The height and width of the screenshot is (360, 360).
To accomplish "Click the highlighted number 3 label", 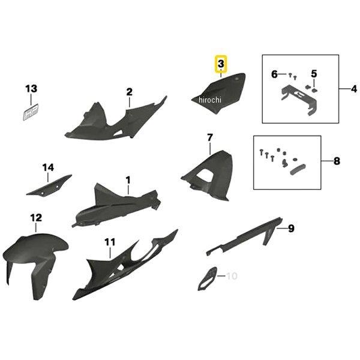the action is point(221,64).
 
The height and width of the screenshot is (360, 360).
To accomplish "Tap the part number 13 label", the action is point(31,89).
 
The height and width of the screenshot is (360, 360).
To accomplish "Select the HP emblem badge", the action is point(31,112).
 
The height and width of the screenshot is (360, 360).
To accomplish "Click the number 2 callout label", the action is point(130,92).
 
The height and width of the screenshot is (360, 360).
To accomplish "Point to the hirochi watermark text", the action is point(210,100).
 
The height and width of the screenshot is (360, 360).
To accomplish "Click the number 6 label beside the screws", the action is point(274,74).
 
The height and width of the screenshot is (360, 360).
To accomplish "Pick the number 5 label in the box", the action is point(314,74).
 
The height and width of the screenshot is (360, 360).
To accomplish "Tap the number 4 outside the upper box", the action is point(354,89).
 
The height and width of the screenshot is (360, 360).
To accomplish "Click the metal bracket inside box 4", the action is point(299,100).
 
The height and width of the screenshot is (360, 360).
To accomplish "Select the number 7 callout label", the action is point(210,138).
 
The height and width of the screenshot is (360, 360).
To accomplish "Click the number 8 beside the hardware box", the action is point(337,161).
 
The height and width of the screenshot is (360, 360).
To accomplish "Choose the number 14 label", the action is point(48,167).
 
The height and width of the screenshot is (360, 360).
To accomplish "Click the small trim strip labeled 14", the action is point(49,185).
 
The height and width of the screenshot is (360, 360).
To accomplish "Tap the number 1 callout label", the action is point(128,180).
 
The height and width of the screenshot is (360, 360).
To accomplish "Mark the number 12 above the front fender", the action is point(36,218).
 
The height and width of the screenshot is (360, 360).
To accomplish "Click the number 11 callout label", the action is point(110,242).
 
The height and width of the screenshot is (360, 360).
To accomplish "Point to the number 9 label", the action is point(291,229).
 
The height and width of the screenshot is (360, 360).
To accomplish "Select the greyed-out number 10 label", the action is point(232,276).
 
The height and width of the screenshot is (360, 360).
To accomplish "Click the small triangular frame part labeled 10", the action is point(207,278).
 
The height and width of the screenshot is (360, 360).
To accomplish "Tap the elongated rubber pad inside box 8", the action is point(298,169).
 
